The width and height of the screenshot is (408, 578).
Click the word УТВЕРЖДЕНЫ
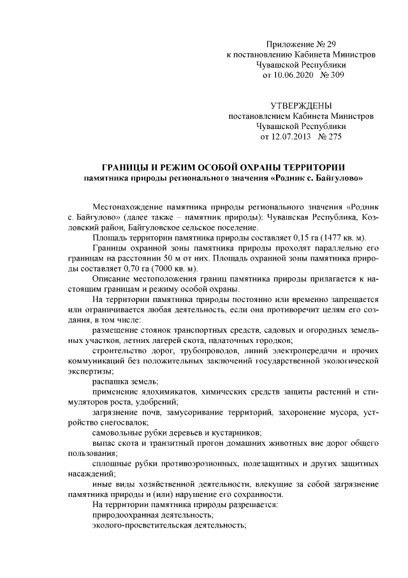[x=302, y=105]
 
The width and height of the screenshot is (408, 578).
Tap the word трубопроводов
[x=197, y=351]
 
